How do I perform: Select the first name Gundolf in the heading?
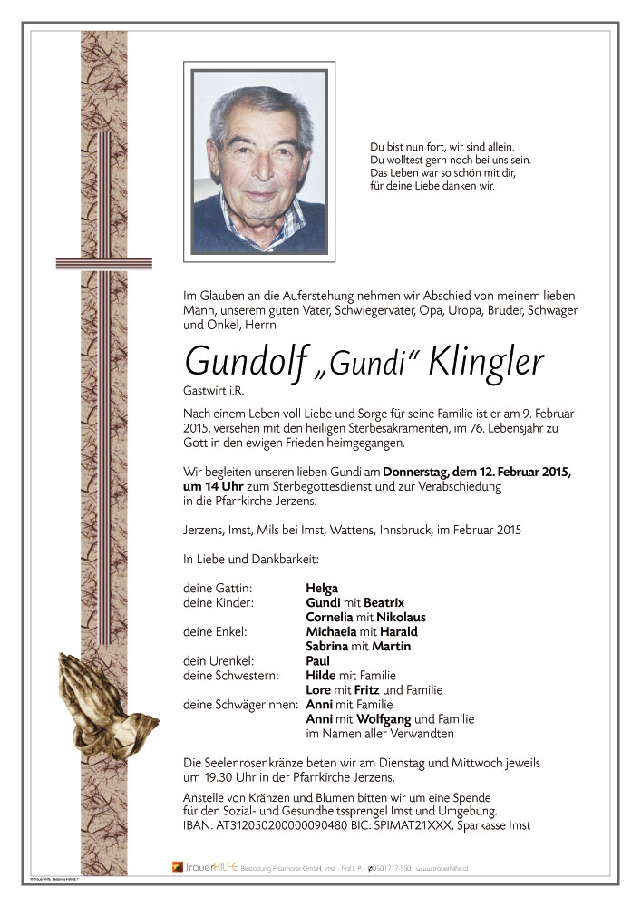pos(238,361)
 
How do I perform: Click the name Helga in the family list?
pos(322,589)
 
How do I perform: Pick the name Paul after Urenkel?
pos(318,661)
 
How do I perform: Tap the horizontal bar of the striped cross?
pos(91,263)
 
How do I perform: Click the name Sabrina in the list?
pos(331,647)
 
